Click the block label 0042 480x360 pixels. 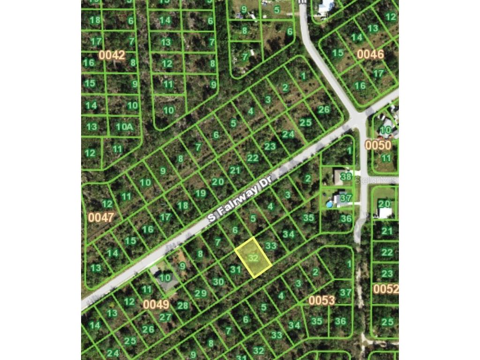[112, 55]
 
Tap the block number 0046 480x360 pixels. [370, 54]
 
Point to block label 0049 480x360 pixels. [156, 304]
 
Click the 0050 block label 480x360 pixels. [378, 145]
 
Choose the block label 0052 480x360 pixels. [385, 289]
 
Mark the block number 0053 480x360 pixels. [322, 300]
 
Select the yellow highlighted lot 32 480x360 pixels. [254, 258]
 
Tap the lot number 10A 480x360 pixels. [125, 127]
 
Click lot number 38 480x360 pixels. [346, 177]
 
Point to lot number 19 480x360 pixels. [200, 193]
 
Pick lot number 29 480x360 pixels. [201, 293]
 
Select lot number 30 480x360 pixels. [218, 282]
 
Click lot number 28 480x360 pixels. [182, 306]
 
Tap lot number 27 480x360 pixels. [165, 316]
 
